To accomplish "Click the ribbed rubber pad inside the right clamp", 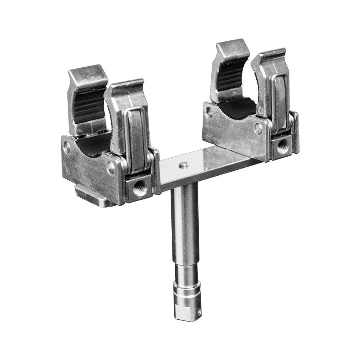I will click(230, 77).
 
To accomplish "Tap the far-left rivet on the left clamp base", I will click(67, 147).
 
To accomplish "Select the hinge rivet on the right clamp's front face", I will click(258, 128).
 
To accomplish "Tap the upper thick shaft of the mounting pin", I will click(184, 223).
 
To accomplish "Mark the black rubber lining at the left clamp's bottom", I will click(90, 146).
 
